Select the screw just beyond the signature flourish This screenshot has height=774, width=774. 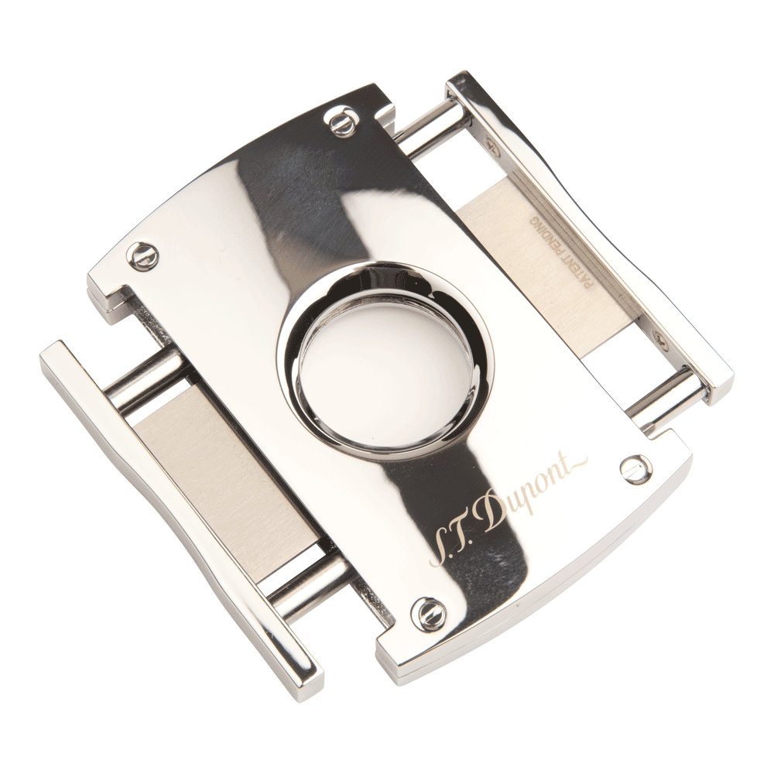coord(636,469)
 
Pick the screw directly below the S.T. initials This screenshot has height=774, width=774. coord(427,612)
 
